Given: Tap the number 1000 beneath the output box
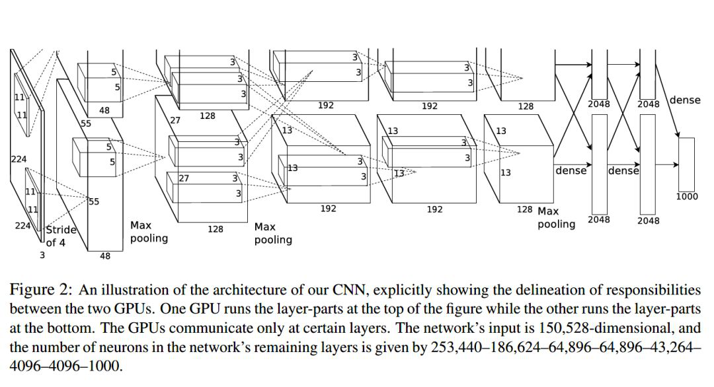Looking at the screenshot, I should (687, 196).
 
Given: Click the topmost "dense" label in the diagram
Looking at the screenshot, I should (685, 100).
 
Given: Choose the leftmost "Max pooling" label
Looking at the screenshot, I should (149, 231).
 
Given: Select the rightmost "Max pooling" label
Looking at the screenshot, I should (555, 217).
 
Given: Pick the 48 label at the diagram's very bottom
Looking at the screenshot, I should (105, 256).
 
